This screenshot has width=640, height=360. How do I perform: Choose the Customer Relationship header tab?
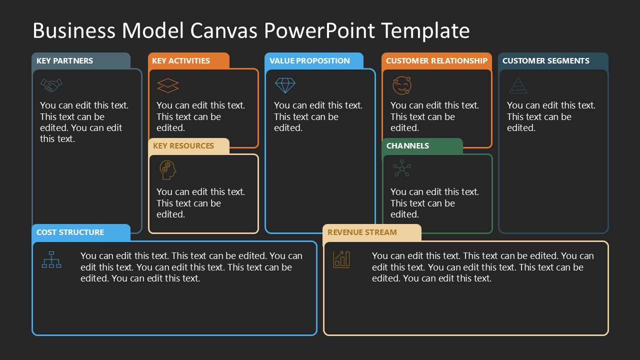coord(436,60)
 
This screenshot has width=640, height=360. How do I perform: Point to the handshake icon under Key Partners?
coord(51,85)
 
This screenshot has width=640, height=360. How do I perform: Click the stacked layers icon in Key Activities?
coord(168,85)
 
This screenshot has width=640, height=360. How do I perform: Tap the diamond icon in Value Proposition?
coord(285,85)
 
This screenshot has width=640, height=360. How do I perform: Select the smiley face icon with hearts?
coord(402,85)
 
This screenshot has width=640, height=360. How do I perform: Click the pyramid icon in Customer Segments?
coord(518,85)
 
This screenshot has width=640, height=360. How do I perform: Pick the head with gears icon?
coord(168,170)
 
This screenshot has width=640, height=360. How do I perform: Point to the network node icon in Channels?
coord(401,169)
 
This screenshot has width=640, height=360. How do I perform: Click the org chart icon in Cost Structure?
coord(51,259)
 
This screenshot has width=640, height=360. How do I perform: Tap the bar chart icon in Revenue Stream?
coord(342,259)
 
